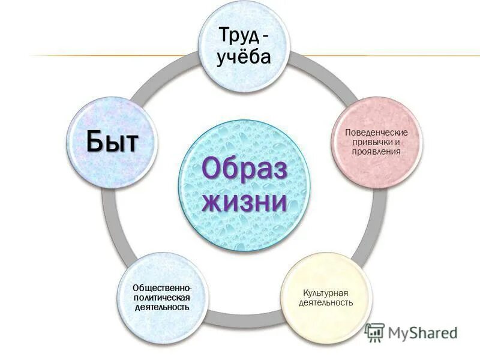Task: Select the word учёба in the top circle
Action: [243, 58]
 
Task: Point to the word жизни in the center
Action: [244, 202]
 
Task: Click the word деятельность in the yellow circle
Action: [326, 302]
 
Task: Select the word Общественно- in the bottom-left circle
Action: [163, 288]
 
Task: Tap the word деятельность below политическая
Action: [162, 307]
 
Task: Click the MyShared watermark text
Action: [422, 332]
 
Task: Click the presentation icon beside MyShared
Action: [374, 332]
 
